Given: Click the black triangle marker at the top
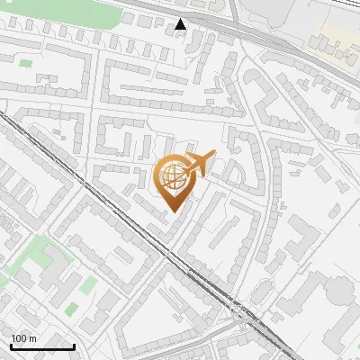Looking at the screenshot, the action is click(x=181, y=24).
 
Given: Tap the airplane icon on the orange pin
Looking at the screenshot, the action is click(x=199, y=163).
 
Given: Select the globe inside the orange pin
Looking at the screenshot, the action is click(x=174, y=175).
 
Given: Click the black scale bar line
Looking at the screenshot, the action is click(x=42, y=346).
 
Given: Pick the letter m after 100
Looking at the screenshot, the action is click(x=33, y=338).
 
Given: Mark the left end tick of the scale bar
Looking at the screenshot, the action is click(x=11, y=345).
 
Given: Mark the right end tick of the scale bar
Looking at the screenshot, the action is click(x=74, y=345).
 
